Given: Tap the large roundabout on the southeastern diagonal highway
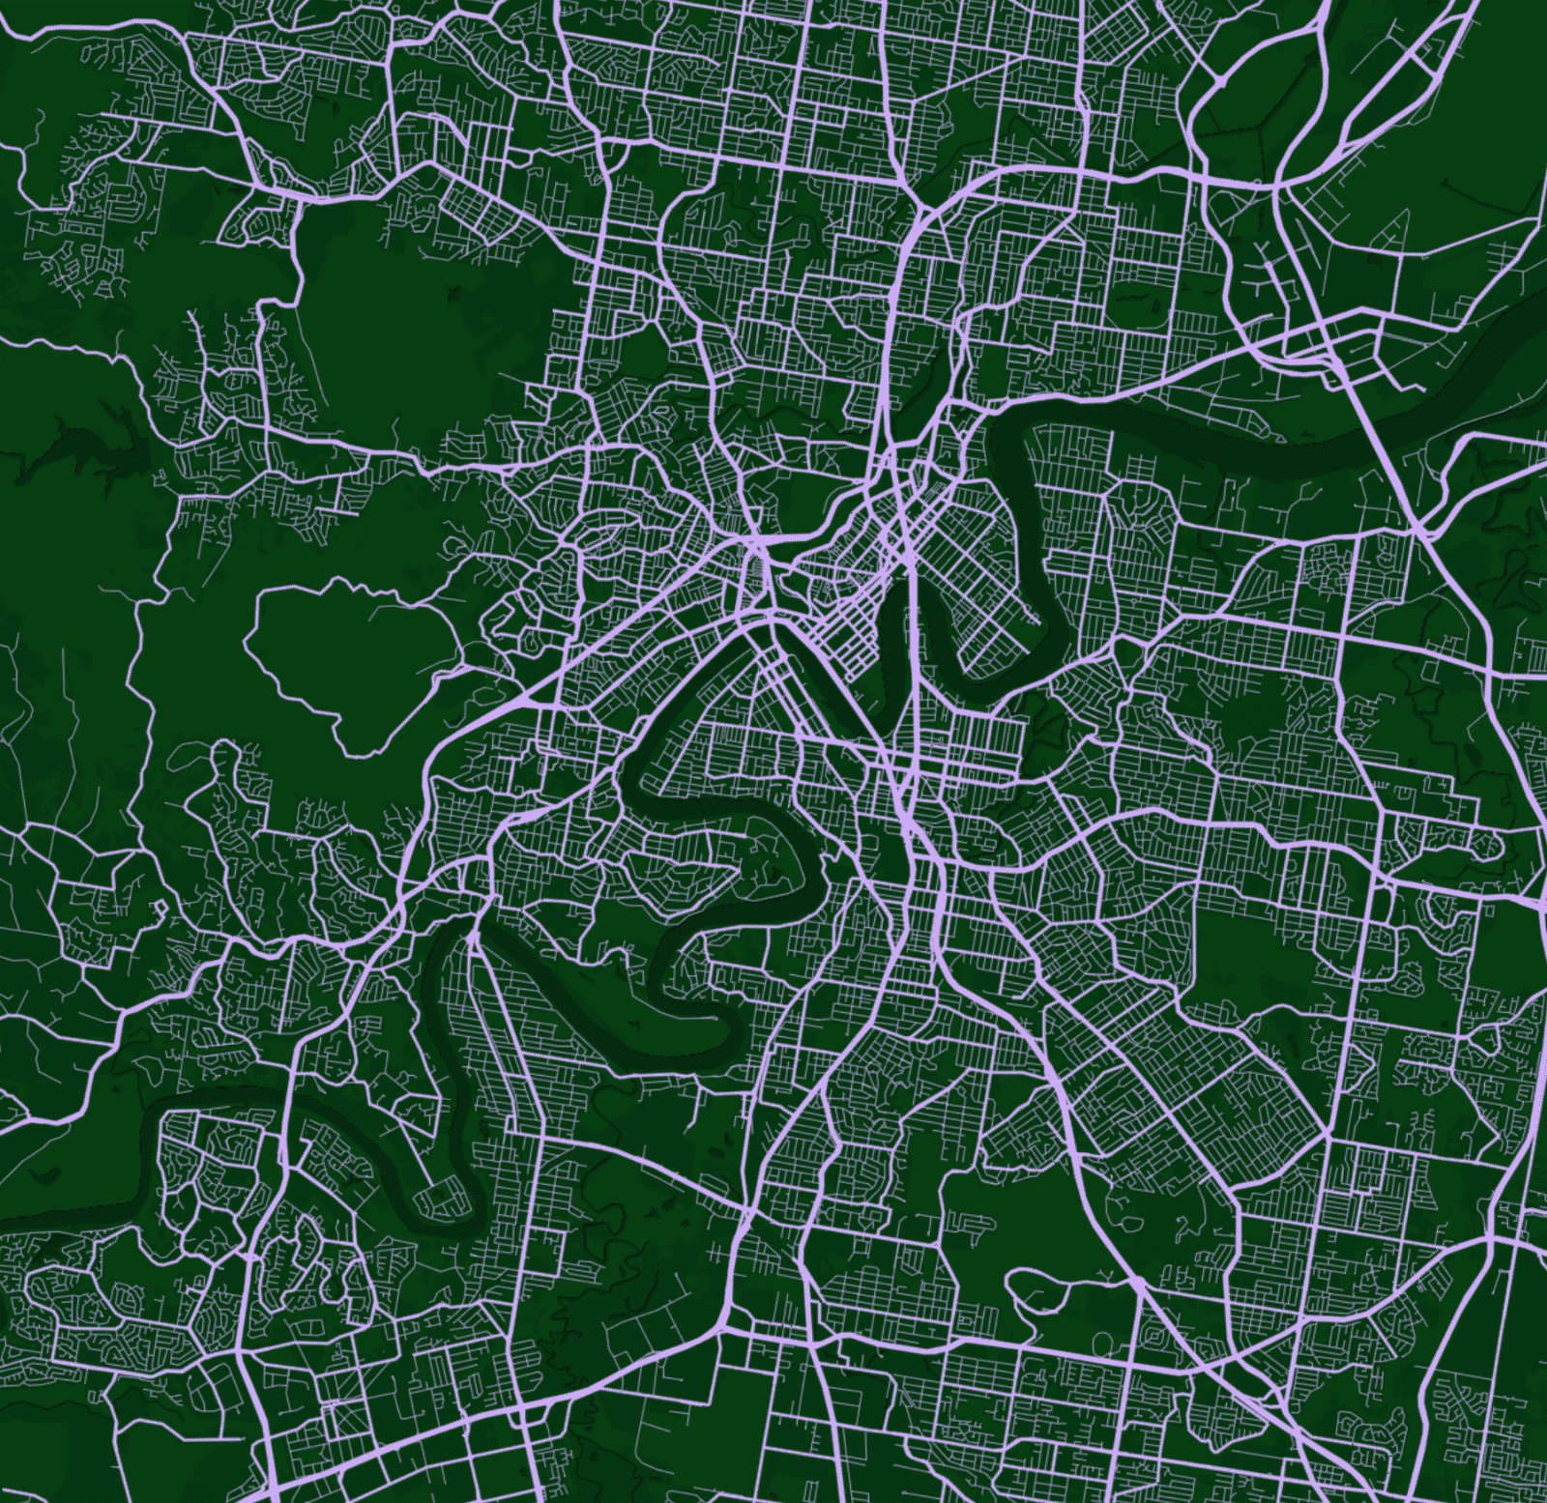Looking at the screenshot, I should tap(1139, 1282).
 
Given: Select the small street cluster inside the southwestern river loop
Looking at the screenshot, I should tap(440, 1199).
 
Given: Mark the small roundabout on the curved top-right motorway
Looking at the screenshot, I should tap(1220, 83).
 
